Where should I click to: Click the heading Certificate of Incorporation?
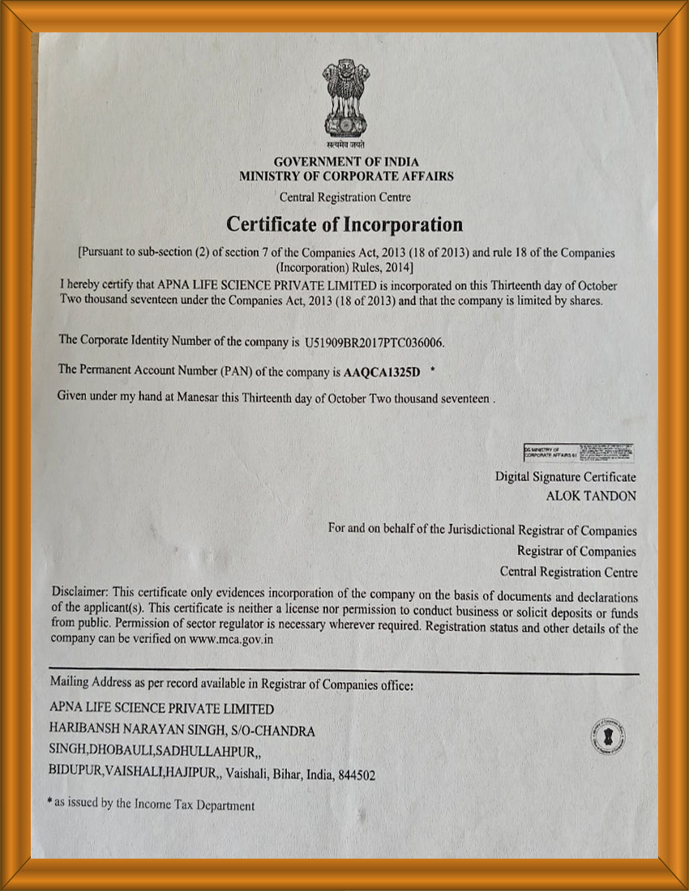[344, 224]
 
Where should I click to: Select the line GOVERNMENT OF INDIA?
[346, 162]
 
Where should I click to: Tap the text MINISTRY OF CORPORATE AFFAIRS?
[346, 176]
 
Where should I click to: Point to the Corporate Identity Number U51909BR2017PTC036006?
[374, 343]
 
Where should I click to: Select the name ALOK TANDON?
[592, 496]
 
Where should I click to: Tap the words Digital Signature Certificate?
[566, 477]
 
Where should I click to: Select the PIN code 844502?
[357, 775]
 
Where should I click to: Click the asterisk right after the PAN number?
[433, 370]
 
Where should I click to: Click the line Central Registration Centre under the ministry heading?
[345, 197]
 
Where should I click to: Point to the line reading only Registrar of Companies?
[576, 552]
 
